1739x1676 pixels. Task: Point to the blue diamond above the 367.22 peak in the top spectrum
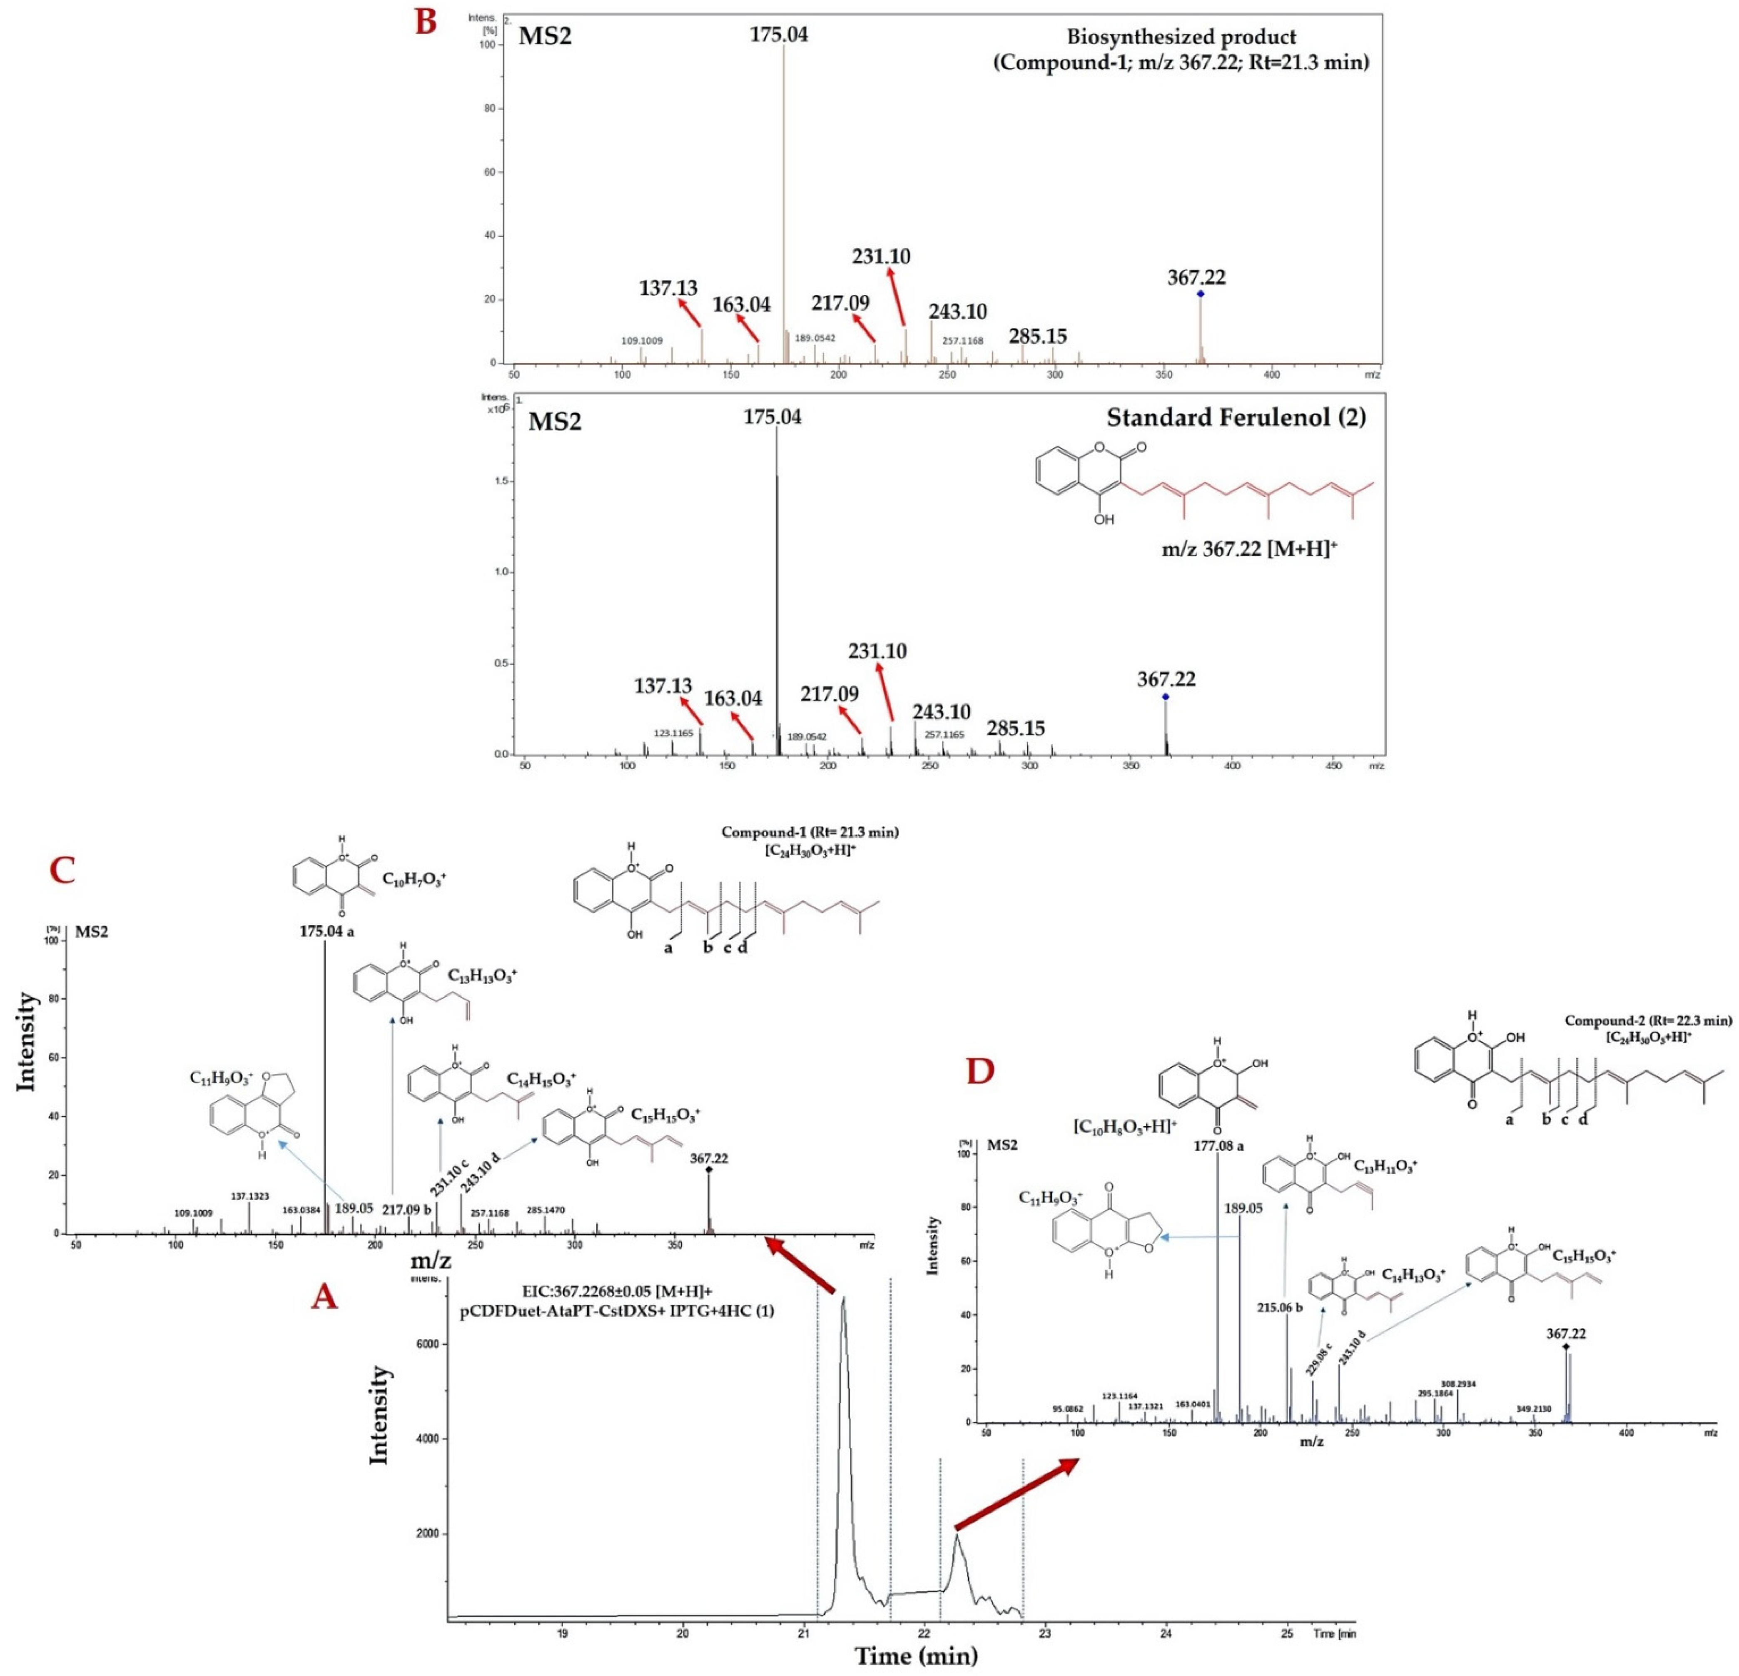pos(1201,294)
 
